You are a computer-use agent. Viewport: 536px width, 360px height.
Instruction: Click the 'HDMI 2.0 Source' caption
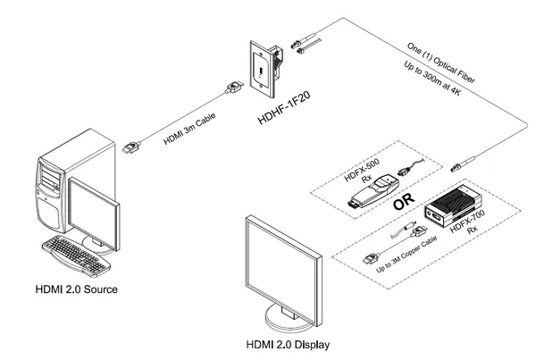point(75,289)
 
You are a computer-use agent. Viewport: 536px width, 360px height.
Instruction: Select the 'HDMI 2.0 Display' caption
point(286,345)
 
